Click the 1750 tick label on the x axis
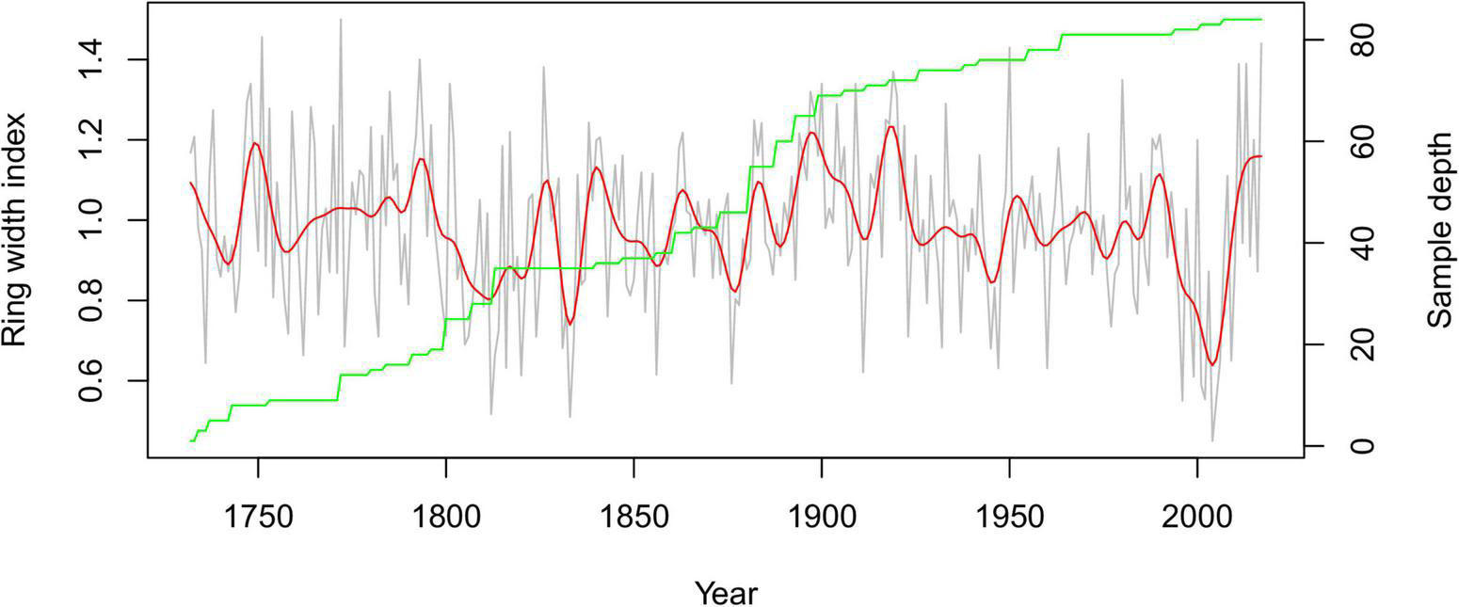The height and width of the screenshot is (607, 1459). coord(257,518)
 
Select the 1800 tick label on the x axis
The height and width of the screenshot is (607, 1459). coord(445,518)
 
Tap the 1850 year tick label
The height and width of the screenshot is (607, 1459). coord(633,518)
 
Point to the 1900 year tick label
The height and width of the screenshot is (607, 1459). coord(822,518)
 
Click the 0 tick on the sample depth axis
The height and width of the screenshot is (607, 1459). coord(1358,446)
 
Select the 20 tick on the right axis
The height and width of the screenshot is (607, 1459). coord(1358,344)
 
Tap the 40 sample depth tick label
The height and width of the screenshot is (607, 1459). coord(1358,244)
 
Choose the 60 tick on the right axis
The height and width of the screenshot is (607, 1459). coord(1358,142)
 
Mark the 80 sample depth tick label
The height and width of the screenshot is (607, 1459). coord(1358,40)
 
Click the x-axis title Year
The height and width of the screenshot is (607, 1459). coord(726,593)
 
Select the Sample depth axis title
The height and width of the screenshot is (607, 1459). coord(1439,230)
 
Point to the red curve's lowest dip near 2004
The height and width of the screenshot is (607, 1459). coord(1213,364)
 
